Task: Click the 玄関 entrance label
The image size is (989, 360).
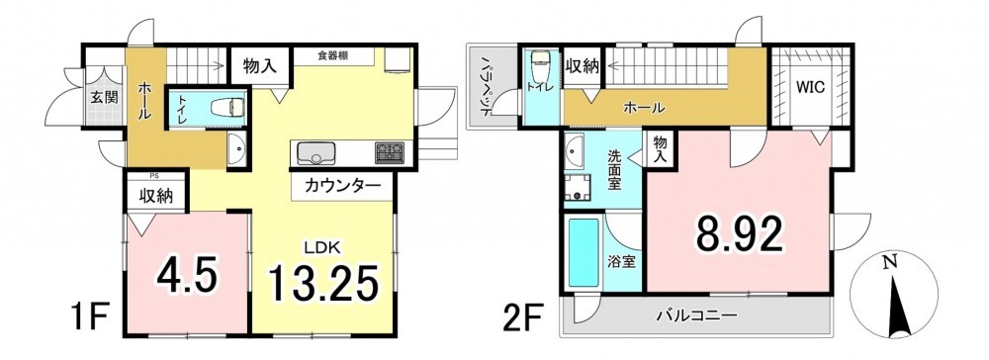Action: [103, 98]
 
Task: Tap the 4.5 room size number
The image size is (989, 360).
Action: [187, 274]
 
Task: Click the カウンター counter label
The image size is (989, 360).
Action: [343, 186]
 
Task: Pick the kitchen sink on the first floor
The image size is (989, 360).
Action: [315, 152]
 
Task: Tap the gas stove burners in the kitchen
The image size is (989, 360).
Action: [391, 152]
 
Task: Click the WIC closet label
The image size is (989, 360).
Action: [810, 88]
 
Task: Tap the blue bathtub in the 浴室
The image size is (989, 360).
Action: [584, 252]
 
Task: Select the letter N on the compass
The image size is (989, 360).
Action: [890, 263]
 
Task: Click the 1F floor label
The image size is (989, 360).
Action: [91, 316]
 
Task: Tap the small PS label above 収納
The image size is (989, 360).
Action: [154, 177]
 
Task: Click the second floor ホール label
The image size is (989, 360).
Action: [644, 108]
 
